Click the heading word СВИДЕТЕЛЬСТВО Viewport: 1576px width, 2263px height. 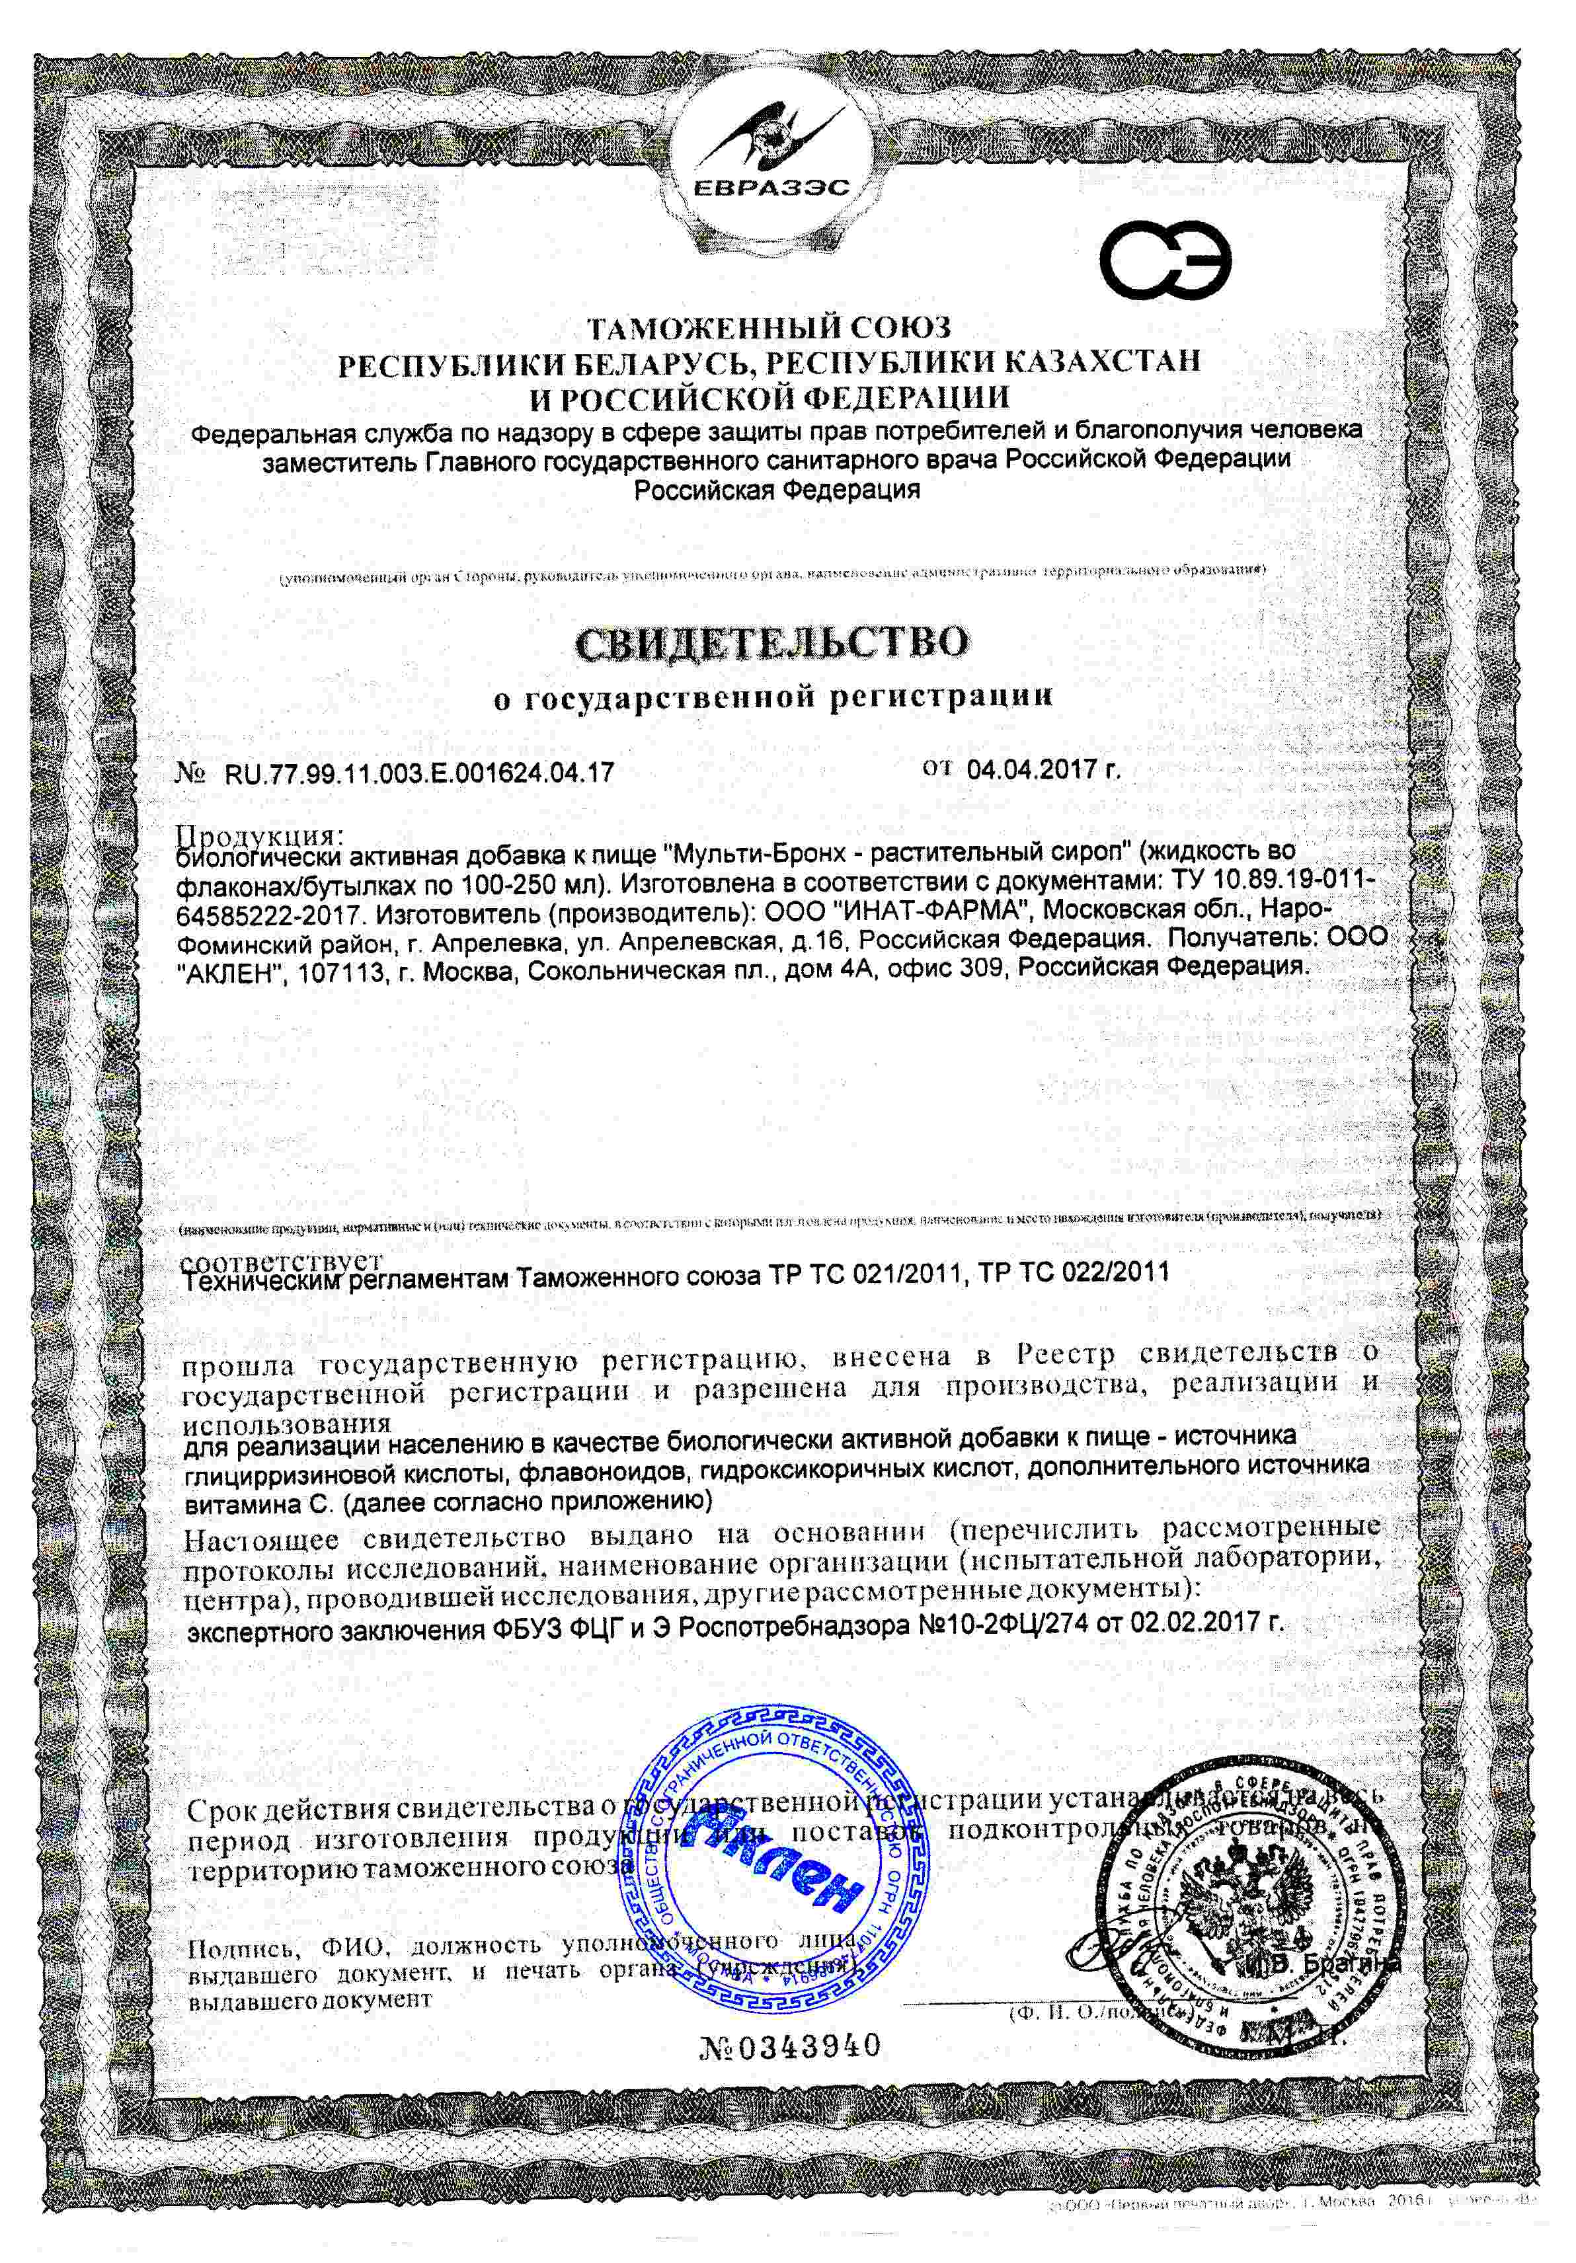[x=771, y=642]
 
